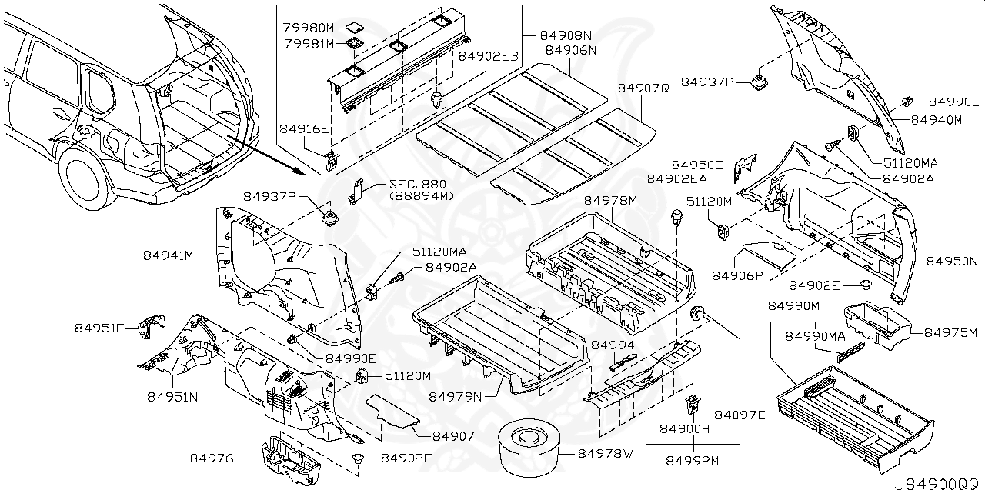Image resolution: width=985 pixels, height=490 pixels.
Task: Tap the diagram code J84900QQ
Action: (x=938, y=483)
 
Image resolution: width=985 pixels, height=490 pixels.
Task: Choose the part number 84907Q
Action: (x=643, y=88)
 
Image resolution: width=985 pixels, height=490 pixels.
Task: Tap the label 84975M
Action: (x=950, y=332)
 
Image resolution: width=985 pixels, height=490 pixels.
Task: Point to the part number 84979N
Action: (x=455, y=396)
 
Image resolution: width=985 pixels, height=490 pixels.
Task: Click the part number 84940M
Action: (x=937, y=120)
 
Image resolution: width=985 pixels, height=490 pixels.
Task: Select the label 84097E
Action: (x=740, y=415)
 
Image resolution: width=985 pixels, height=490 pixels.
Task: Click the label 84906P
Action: (x=737, y=275)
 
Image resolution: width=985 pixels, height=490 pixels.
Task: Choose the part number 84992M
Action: (x=692, y=461)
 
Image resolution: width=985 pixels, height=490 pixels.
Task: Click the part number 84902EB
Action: (x=489, y=56)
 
